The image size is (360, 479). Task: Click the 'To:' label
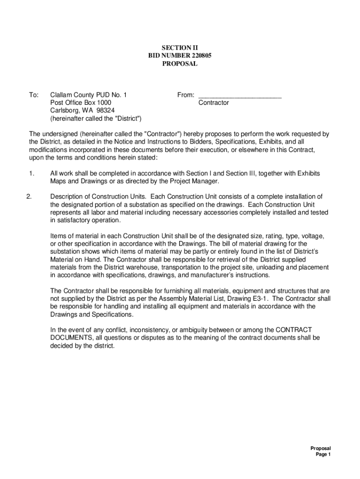(34, 95)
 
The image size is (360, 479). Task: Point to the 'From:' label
(186, 95)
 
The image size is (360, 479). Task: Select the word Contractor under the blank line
(214, 102)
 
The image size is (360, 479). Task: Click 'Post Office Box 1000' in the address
(81, 102)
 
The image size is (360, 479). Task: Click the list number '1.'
(31, 173)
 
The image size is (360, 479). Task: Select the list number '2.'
(29, 196)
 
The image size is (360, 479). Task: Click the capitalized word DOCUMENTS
(73, 338)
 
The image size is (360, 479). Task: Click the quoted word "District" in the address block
(126, 118)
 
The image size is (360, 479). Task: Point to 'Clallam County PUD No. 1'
(88, 95)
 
